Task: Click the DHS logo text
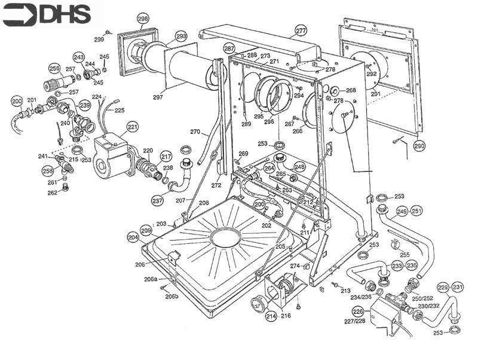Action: tap(47, 13)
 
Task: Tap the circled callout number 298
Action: tap(143, 19)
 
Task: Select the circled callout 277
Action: tap(301, 30)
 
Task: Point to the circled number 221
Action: tap(132, 127)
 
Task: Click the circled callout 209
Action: tap(146, 230)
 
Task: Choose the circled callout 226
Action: tap(358, 312)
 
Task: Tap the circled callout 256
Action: tap(55, 68)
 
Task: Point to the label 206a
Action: tap(150, 279)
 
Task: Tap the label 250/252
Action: tap(422, 298)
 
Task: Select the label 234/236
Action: tap(361, 297)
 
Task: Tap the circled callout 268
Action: tap(351, 91)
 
